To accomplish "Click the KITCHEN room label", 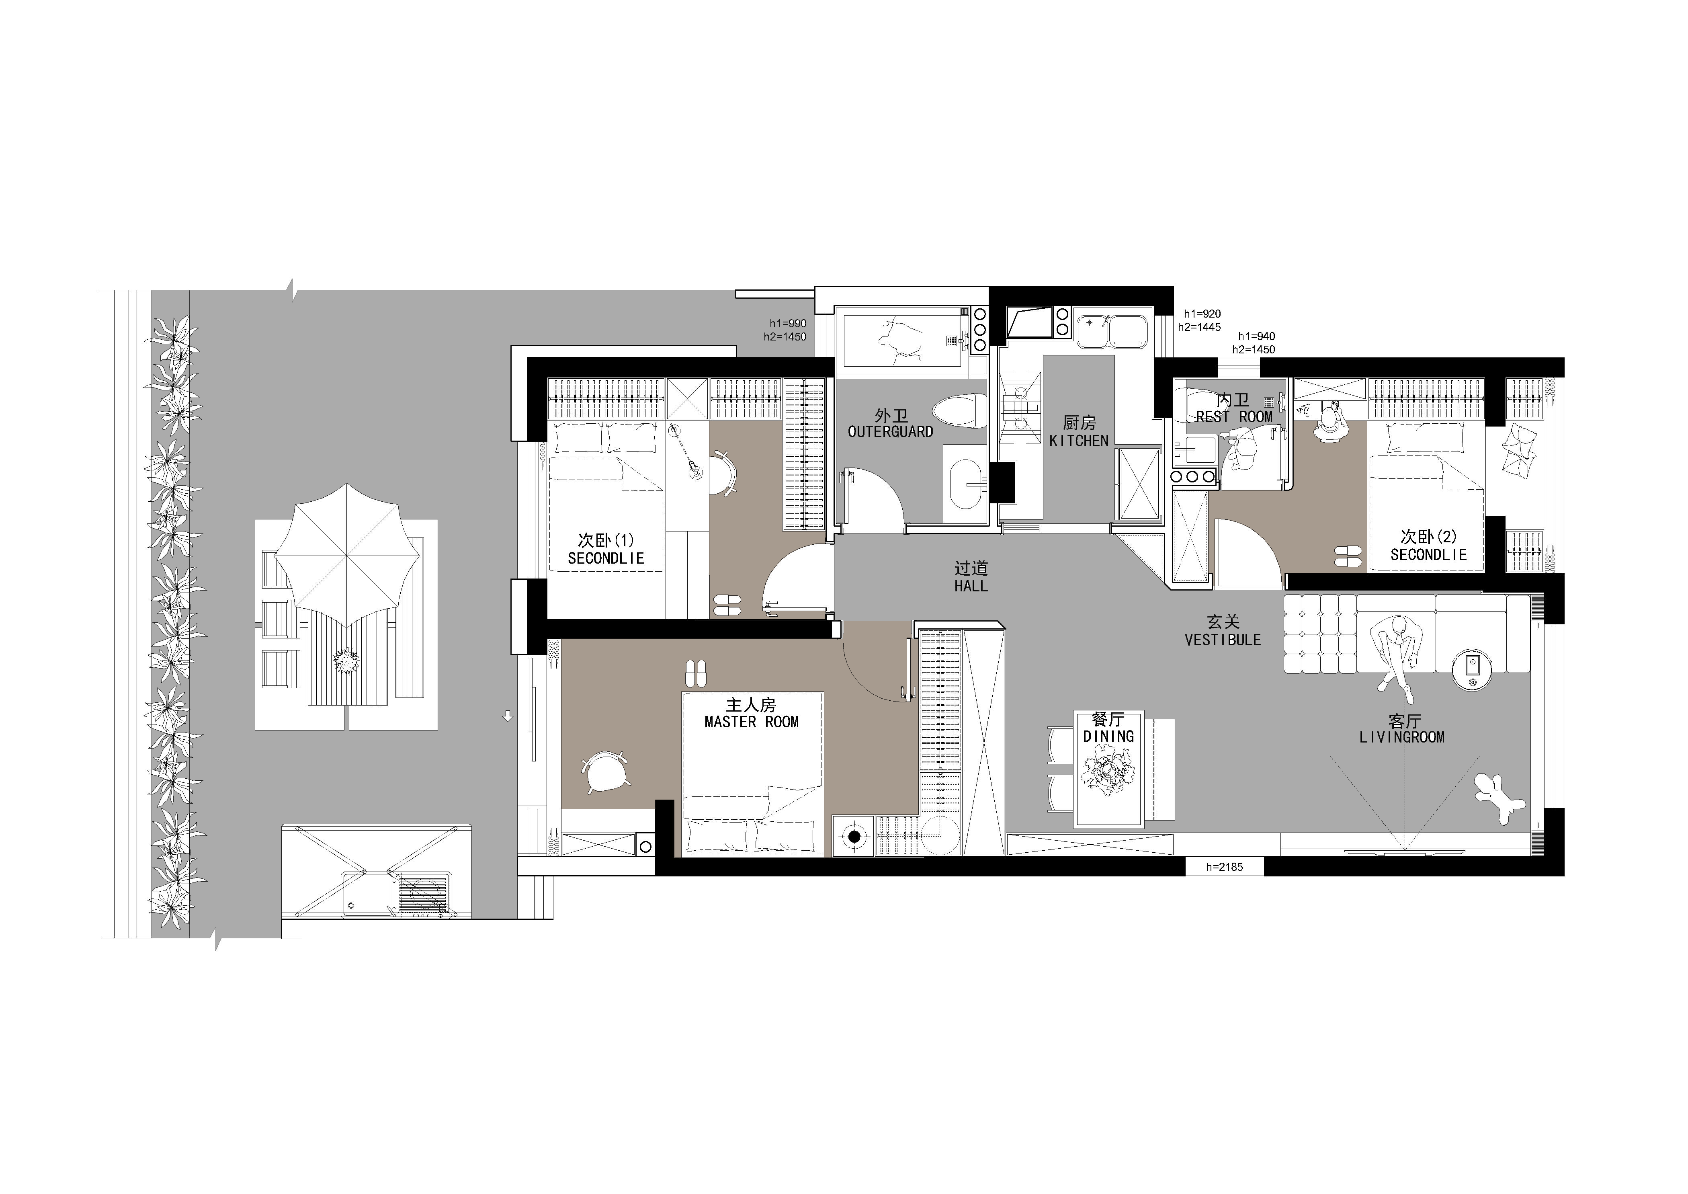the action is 1079,440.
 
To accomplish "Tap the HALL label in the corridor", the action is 971,586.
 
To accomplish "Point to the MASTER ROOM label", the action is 752,722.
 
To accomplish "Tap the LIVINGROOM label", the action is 1402,737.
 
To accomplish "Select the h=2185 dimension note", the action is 1224,867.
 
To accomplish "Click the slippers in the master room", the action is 695,673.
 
